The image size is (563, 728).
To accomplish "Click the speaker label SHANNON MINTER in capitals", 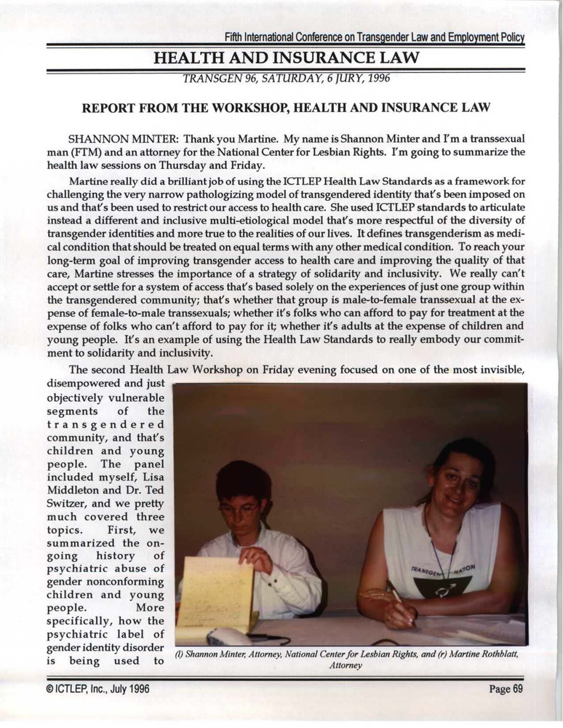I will point(134,138).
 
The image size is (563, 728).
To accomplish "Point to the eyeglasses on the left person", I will point(239,510).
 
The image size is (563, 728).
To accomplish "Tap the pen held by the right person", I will point(402,605).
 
